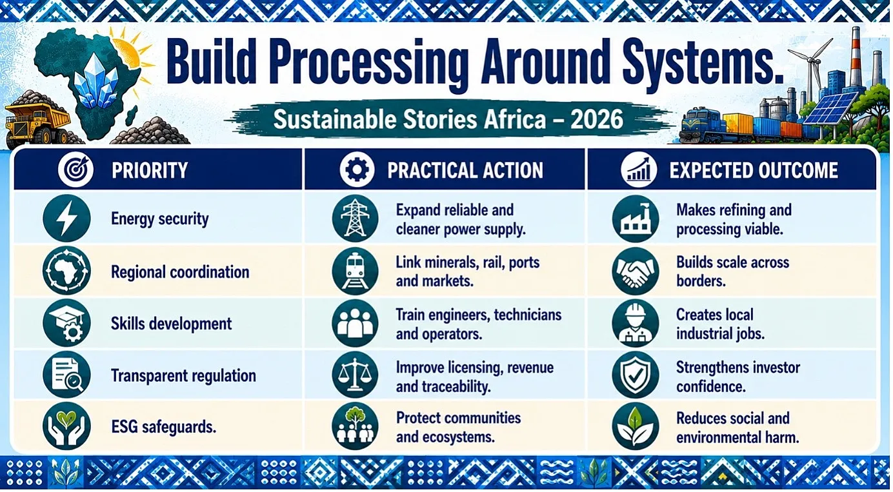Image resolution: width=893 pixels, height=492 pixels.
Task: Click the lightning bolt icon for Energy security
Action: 66,219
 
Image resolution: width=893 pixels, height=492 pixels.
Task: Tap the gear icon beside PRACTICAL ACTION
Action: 357,170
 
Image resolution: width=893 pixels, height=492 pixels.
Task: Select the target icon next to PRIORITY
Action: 75,170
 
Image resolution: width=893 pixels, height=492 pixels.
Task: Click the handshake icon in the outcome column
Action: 636,271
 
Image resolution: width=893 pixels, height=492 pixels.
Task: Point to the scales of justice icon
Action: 355,375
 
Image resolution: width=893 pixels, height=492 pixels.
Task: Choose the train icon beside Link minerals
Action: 355,271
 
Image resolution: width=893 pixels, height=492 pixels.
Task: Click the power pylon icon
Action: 355,219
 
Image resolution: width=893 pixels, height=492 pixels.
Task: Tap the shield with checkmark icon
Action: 636,375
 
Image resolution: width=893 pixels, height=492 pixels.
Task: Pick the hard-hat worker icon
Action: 636,323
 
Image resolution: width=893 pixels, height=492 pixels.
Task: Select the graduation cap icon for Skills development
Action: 66,323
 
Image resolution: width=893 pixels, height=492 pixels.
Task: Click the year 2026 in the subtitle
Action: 596,119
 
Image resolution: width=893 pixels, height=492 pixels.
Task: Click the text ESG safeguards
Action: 163,427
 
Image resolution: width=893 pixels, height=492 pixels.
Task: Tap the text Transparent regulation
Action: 183,376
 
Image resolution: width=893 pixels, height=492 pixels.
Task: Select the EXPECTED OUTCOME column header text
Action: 754,170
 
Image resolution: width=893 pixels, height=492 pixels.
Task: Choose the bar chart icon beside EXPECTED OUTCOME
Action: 638,170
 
